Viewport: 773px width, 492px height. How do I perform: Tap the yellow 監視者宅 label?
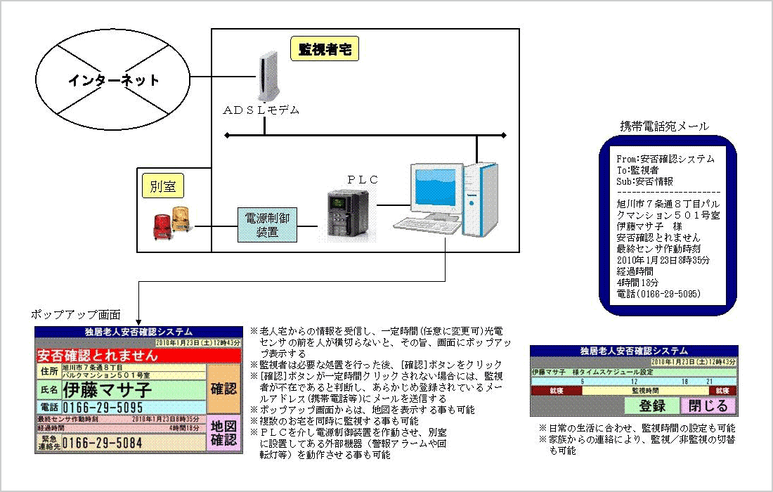(324, 49)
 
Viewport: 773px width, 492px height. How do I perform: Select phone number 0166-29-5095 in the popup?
(103, 408)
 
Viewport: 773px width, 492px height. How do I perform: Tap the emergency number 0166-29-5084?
(103, 443)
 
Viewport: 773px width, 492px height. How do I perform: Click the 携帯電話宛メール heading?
(664, 127)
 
